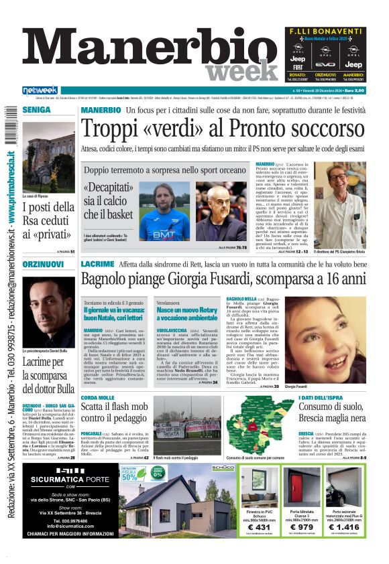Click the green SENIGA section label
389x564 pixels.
[x=36, y=109]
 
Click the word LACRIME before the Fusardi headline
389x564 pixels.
[x=97, y=265]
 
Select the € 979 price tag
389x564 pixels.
[x=301, y=528]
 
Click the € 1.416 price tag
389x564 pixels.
[x=343, y=528]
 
